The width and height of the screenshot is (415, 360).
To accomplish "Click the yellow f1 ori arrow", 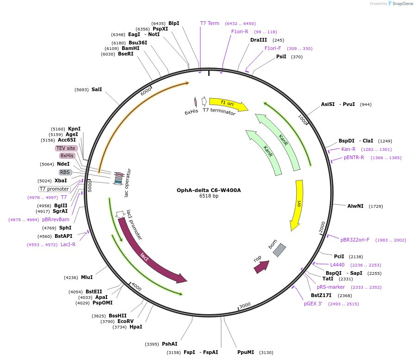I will point(227,104).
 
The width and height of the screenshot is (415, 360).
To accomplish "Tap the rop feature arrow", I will point(261,267).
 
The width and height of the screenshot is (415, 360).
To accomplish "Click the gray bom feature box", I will point(279,250).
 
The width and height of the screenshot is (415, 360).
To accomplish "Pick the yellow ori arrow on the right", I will point(297,204).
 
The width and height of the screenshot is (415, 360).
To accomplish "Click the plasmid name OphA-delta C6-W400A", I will point(209,190).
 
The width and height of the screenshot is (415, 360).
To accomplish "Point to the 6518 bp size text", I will point(209,196).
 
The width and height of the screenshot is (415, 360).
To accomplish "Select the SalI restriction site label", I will point(97,89).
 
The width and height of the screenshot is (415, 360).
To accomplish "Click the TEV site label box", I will point(66,148).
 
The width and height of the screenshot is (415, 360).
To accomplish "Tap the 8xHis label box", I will point(68,155).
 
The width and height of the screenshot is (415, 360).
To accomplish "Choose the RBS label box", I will point(65,172).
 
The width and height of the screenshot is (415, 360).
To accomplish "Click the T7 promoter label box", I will point(54,189).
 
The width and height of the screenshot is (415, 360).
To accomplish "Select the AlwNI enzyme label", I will point(355,206).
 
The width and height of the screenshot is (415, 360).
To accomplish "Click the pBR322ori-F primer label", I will point(355,240).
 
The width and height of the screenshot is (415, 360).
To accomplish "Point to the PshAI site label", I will point(169,344).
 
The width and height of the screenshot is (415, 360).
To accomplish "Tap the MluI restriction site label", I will point(87,277).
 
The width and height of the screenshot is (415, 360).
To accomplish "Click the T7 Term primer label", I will point(210,23).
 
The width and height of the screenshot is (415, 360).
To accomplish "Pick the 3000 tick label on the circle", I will point(245,305).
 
